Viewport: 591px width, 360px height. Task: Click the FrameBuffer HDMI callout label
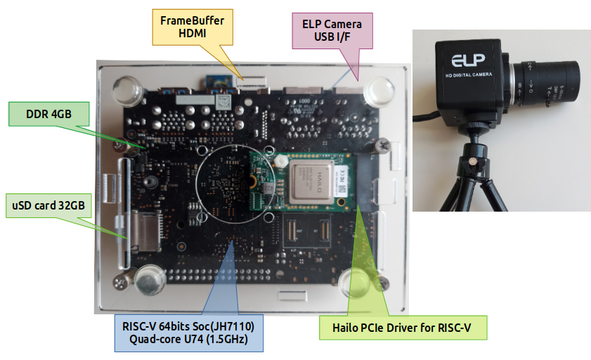(x=192, y=27)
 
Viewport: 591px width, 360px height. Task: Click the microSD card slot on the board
(x=140, y=232)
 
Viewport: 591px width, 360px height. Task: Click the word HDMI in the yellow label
(x=192, y=34)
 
